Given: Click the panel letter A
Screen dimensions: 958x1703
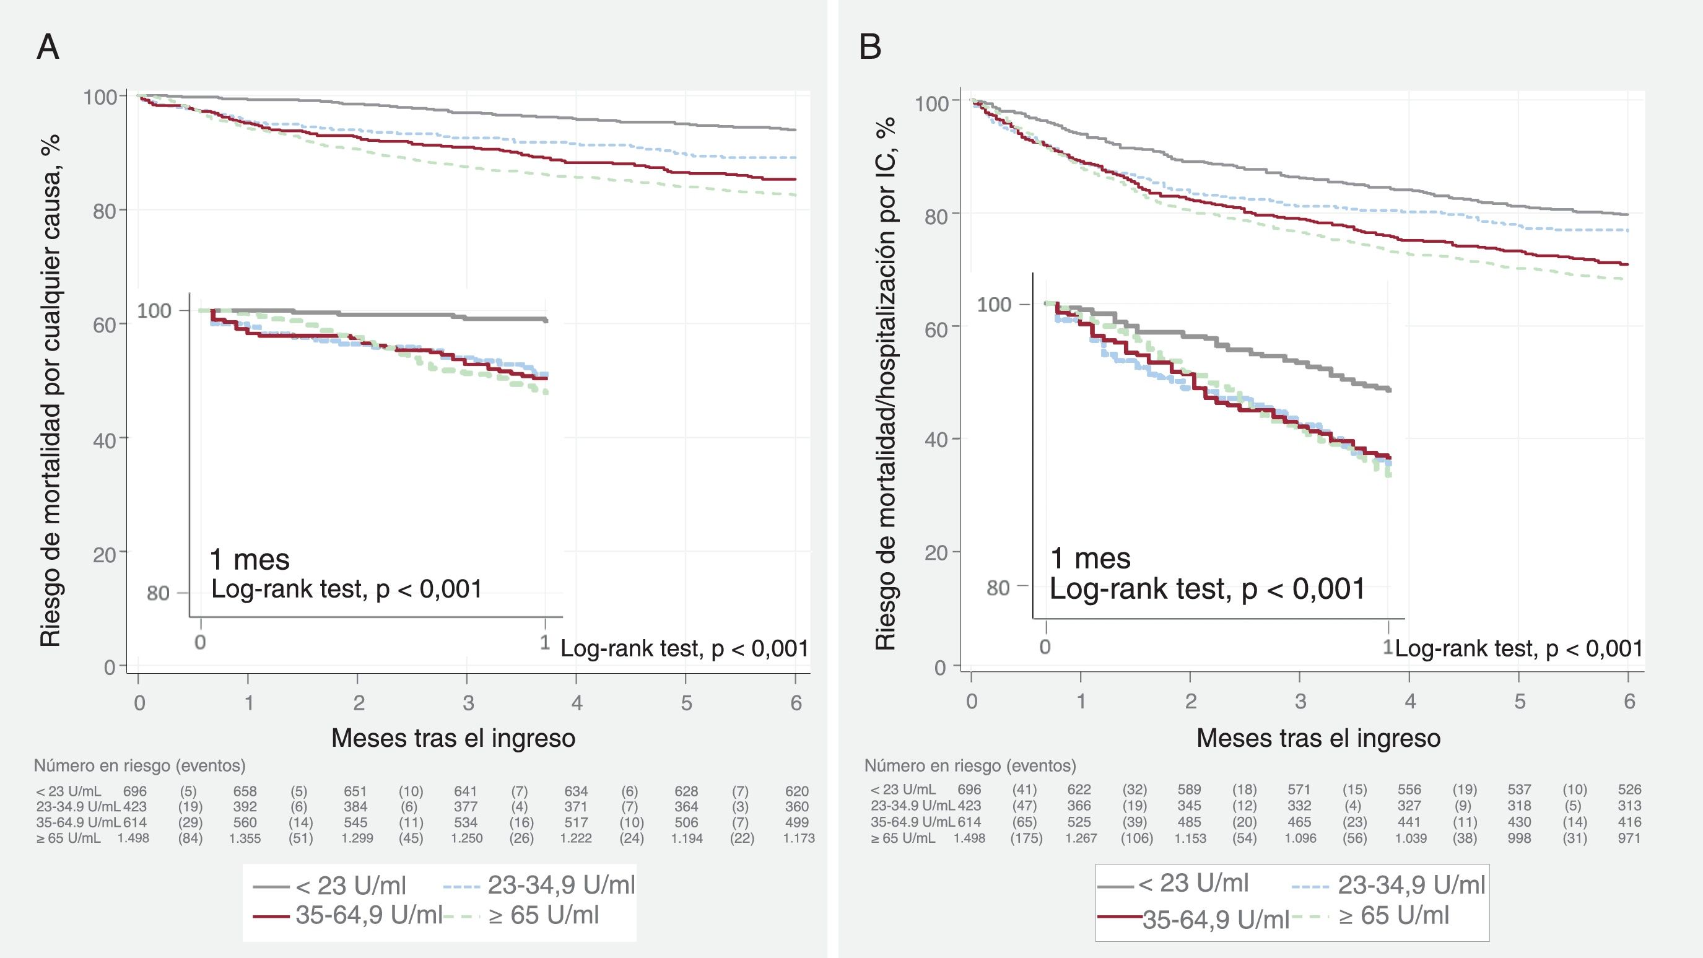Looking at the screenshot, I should click(48, 48).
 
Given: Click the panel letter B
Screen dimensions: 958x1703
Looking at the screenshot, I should click(870, 48).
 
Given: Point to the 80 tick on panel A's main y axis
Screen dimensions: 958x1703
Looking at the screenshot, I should click(105, 211).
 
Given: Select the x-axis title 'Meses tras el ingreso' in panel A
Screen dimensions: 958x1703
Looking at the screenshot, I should click(453, 738).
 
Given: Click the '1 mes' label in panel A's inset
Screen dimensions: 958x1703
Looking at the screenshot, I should click(249, 559).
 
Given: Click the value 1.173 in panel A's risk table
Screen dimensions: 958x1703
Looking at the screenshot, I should click(799, 838).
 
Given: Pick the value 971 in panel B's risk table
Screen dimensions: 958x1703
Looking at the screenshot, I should click(1630, 838).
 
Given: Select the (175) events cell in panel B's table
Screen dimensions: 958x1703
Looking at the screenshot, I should click(1026, 838).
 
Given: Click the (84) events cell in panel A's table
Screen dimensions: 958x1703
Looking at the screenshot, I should click(190, 838).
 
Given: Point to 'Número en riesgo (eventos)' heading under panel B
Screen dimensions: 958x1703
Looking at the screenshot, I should click(970, 765).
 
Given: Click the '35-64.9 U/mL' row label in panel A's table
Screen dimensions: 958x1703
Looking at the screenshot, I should click(79, 822).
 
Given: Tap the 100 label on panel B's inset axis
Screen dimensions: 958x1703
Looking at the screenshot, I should click(994, 305).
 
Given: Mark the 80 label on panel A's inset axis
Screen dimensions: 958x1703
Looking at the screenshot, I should click(158, 593).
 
